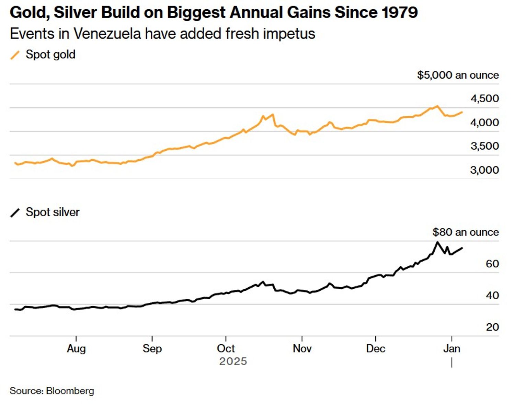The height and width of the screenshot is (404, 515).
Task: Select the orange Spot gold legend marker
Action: click(x=15, y=55)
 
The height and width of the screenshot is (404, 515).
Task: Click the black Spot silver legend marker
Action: click(x=15, y=212)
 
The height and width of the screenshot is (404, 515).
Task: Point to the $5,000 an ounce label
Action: click(x=458, y=75)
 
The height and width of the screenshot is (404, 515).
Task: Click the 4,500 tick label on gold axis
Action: click(x=484, y=99)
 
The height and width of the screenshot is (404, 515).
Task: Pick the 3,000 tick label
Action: click(x=484, y=170)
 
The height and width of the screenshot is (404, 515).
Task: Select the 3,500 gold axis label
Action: click(x=484, y=146)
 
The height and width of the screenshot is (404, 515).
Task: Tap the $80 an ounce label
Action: click(x=465, y=232)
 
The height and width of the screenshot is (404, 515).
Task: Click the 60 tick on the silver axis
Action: click(x=492, y=264)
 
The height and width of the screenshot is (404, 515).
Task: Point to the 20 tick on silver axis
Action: click(x=492, y=327)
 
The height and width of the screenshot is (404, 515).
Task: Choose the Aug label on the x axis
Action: click(x=76, y=349)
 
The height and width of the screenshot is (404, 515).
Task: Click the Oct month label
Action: click(x=226, y=349)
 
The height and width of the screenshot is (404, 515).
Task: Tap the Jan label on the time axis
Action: click(x=451, y=349)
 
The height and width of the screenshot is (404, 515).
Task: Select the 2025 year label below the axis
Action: click(x=233, y=361)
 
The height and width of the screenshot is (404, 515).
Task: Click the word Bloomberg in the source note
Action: click(x=70, y=391)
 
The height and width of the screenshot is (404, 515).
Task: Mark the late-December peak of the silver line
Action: click(x=437, y=242)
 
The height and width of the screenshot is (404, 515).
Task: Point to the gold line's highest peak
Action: click(x=437, y=106)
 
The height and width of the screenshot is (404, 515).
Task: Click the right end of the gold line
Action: click(x=462, y=112)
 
